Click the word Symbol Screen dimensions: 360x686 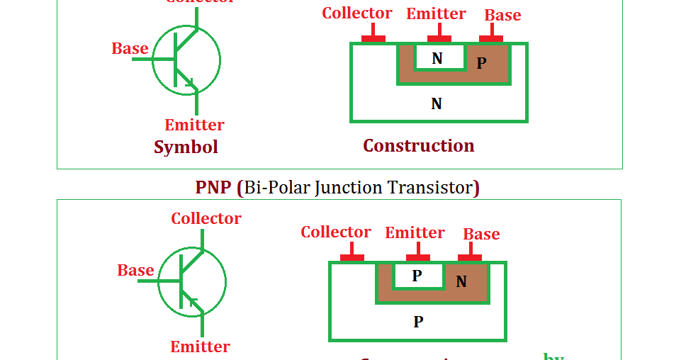[186, 147]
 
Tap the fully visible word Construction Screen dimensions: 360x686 [418, 145]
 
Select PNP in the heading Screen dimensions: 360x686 [213, 187]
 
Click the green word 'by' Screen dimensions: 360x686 [553, 356]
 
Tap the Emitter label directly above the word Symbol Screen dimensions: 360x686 [194, 125]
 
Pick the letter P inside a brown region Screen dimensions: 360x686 [481, 63]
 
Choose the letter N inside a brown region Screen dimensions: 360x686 [461, 281]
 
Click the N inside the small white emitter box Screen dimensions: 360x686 [437, 58]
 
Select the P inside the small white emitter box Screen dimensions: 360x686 [417, 276]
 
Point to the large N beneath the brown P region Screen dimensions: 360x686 [437, 103]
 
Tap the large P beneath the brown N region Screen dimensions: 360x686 [418, 322]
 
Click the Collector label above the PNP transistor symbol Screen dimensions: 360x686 [206, 218]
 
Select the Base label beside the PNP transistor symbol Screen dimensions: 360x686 [135, 270]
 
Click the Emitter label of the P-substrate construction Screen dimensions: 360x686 [415, 232]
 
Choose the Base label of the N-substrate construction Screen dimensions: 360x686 [502, 15]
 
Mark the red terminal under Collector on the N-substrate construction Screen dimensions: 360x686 [373, 38]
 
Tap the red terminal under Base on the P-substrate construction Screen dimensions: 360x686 [470, 257]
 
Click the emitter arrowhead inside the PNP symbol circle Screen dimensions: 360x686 [192, 302]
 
